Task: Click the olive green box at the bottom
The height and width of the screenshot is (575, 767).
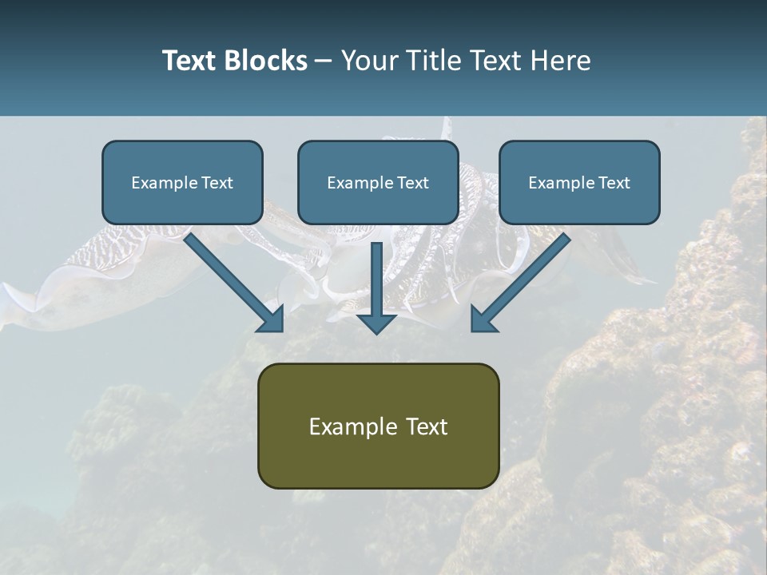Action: tap(378, 459)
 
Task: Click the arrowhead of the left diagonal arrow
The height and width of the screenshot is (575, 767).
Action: tap(272, 319)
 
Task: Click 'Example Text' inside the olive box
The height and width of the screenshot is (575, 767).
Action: tap(378, 426)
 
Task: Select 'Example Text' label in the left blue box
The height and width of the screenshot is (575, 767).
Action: tap(182, 183)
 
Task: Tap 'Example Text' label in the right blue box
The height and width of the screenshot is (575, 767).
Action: tap(579, 183)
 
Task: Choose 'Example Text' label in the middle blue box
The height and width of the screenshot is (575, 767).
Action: tap(378, 183)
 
